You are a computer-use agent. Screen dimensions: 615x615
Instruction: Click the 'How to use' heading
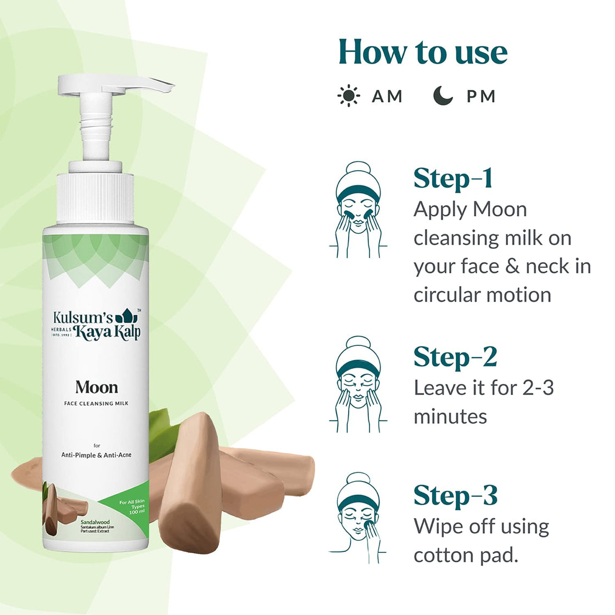[423, 52]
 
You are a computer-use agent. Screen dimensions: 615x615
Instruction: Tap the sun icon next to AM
[349, 96]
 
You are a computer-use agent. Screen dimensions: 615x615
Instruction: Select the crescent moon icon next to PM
[443, 96]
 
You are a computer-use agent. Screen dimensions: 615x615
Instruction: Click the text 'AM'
[387, 97]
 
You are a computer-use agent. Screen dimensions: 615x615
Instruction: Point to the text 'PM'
[481, 97]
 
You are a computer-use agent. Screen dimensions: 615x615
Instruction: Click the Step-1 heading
[453, 178]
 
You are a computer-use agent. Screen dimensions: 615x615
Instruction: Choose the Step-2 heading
[455, 357]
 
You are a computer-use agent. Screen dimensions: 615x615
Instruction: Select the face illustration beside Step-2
[358, 384]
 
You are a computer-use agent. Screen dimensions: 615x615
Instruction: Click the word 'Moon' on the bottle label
[97, 387]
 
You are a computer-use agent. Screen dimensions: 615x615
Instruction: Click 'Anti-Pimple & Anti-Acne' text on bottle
[97, 455]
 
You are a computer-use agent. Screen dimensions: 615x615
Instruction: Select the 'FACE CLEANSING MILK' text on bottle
[97, 404]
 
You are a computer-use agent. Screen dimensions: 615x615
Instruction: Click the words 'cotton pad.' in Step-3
[466, 555]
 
